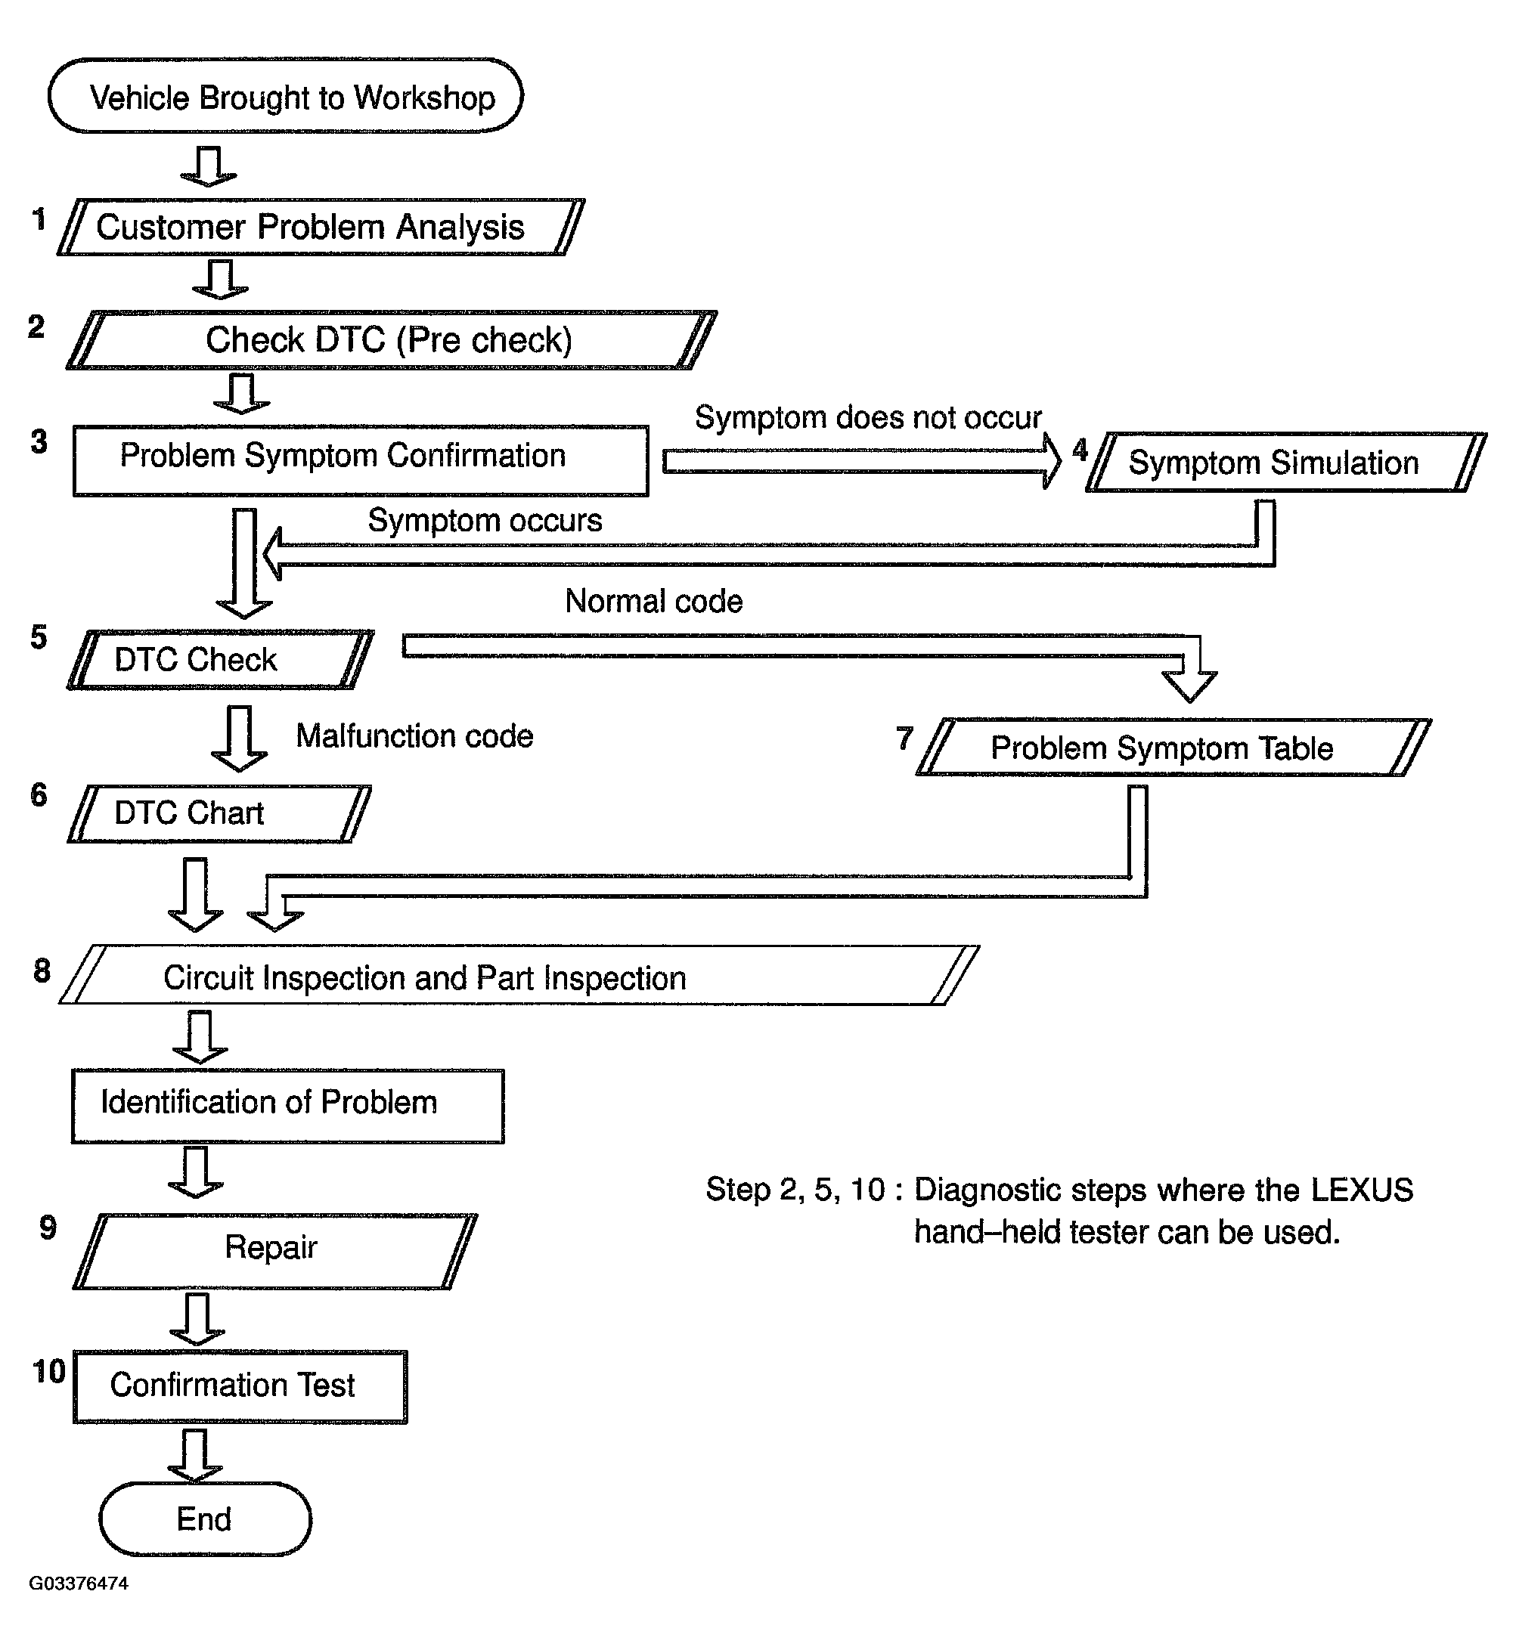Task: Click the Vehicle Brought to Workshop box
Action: tap(286, 96)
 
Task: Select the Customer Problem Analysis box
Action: tap(321, 228)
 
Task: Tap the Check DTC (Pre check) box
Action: tap(392, 339)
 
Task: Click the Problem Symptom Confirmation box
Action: tap(360, 460)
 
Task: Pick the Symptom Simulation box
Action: tap(1286, 462)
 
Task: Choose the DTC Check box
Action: tap(221, 659)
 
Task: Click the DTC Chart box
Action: tap(219, 813)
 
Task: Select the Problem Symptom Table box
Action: tap(1174, 748)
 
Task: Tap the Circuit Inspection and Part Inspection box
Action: tap(519, 975)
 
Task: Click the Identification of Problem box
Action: tap(288, 1106)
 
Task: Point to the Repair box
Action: tap(274, 1251)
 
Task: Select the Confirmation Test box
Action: tap(240, 1386)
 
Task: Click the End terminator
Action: tap(205, 1519)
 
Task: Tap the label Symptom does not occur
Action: tap(868, 418)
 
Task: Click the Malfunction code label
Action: tap(414, 735)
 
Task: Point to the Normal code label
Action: tap(654, 601)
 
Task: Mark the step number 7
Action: tap(904, 738)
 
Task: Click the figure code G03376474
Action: tap(79, 1584)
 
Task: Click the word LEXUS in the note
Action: tap(1362, 1190)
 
